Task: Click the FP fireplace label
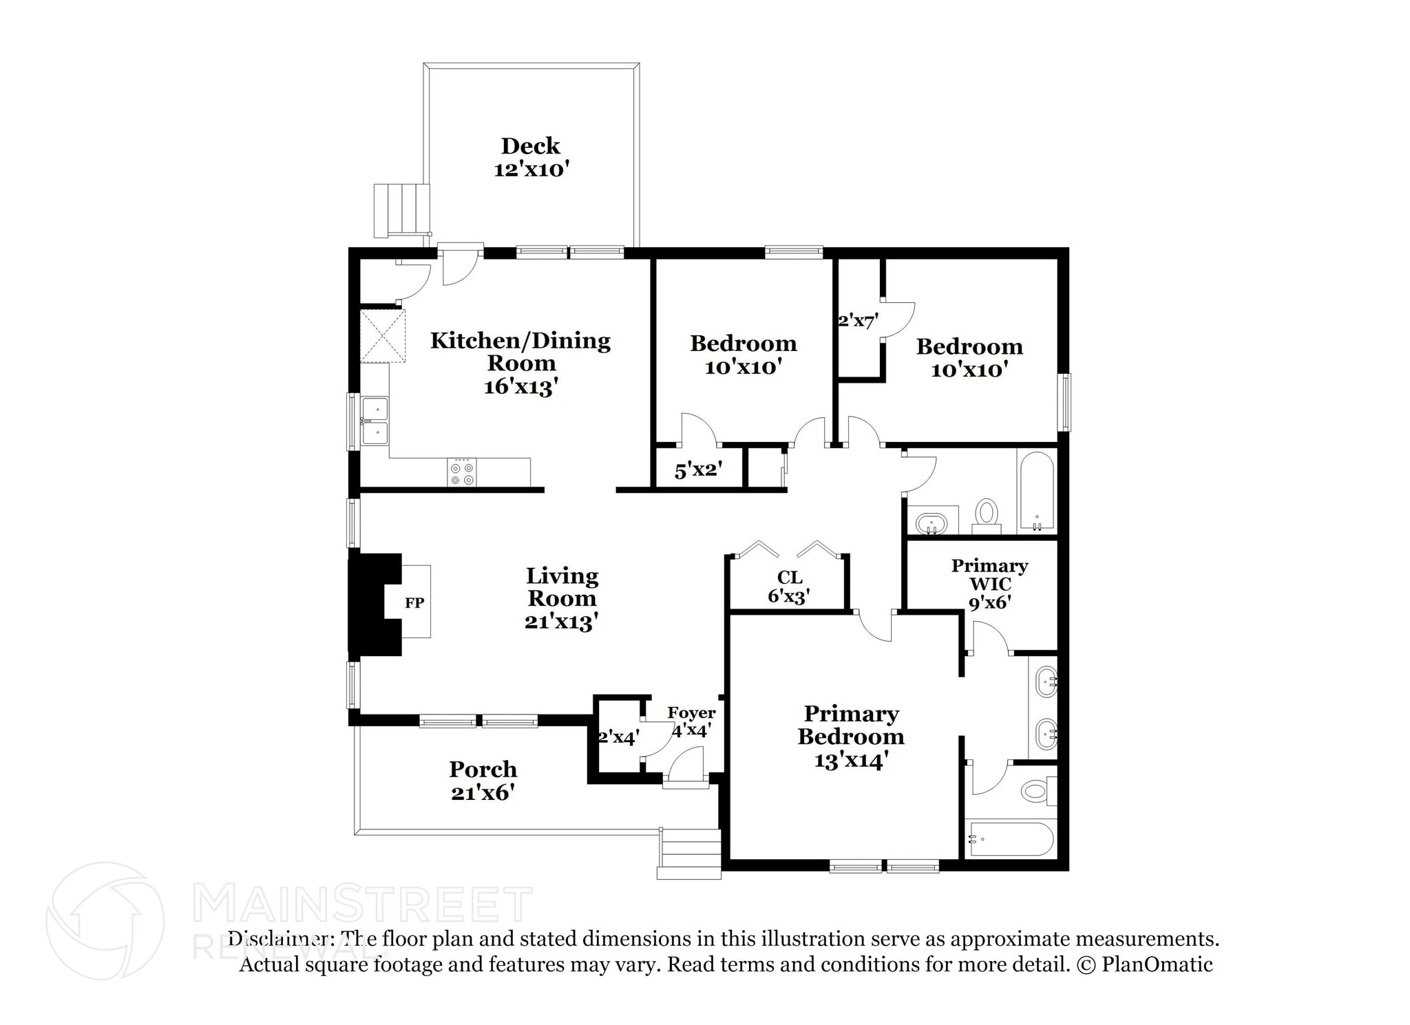coord(414,603)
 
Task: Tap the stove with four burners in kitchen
coord(461,473)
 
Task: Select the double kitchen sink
coord(375,421)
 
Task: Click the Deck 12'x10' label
coord(531,158)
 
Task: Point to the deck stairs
coord(401,209)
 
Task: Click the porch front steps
coord(689,854)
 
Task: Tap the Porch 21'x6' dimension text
coord(483,793)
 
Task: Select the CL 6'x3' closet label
coord(789,587)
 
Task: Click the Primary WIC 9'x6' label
coord(989,584)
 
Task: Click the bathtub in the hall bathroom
coord(1036,491)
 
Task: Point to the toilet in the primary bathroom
coord(1036,790)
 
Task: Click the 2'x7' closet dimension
coord(858,321)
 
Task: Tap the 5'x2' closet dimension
coord(698,471)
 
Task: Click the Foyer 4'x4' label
coord(691,721)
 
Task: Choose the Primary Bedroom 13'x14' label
coord(851,737)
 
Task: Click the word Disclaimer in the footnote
coord(277,939)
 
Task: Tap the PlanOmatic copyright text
coord(1144,964)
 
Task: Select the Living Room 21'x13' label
coord(562,598)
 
